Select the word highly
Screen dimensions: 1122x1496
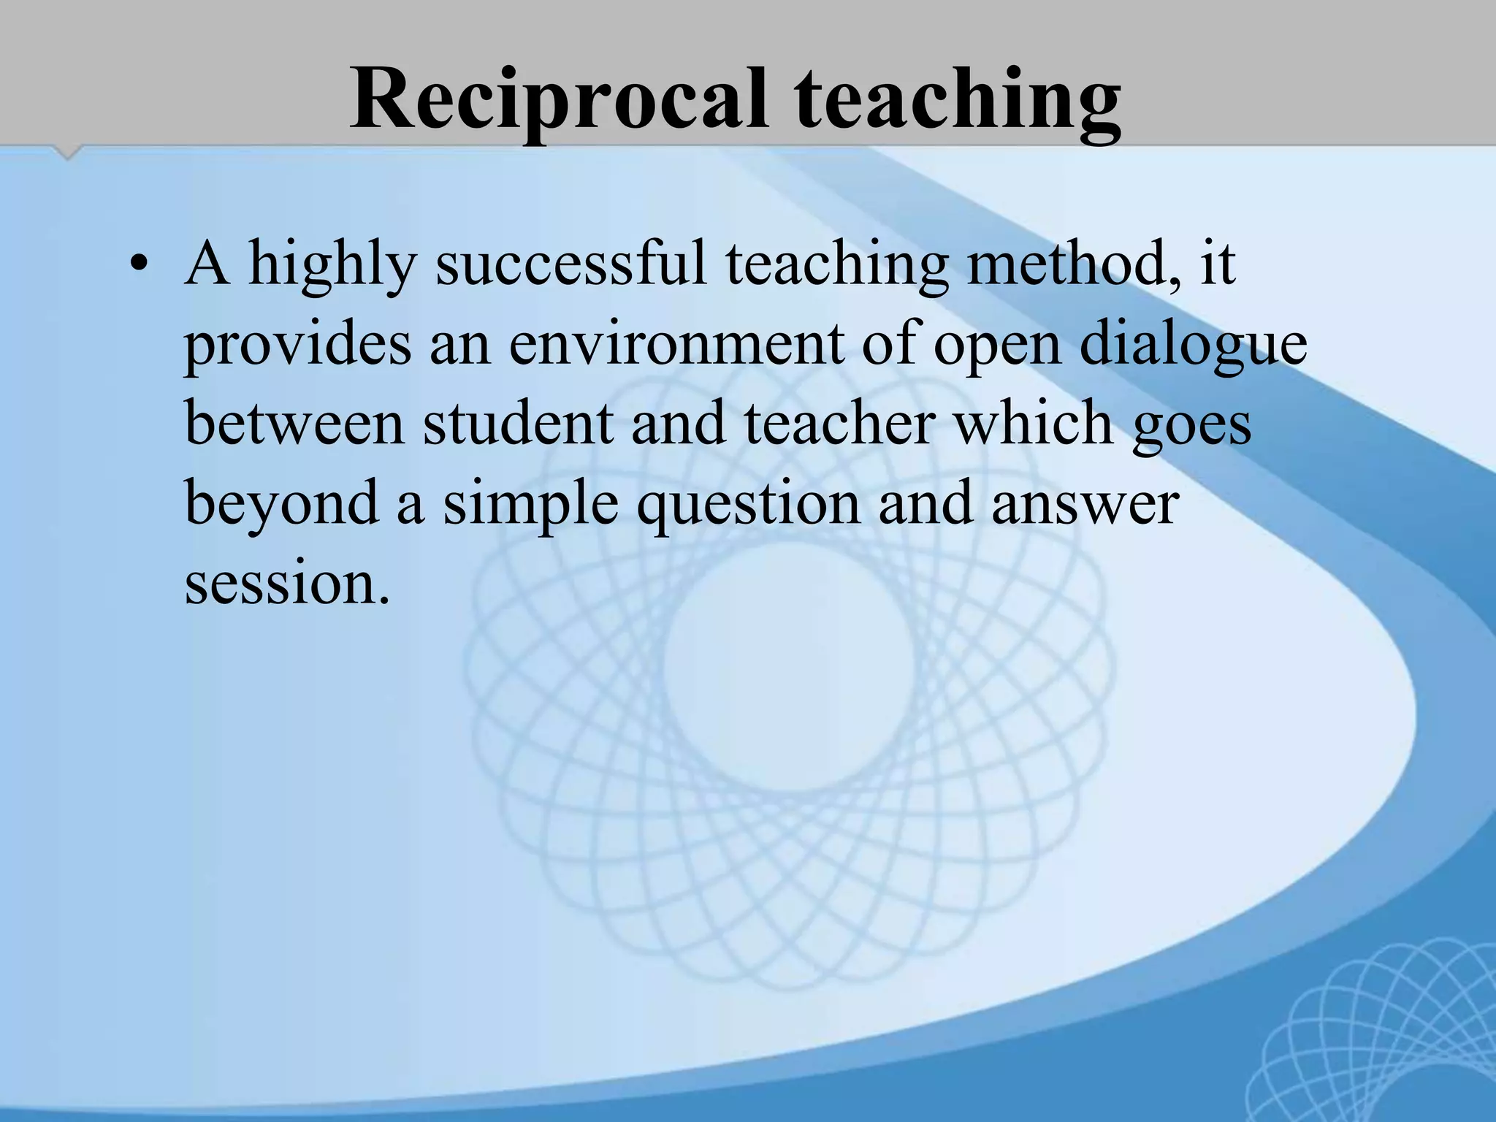coord(332,264)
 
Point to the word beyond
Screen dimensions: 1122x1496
coord(282,505)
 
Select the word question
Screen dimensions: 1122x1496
coord(749,505)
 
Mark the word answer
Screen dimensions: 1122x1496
coord(1085,505)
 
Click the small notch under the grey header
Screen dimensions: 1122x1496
coord(68,153)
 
